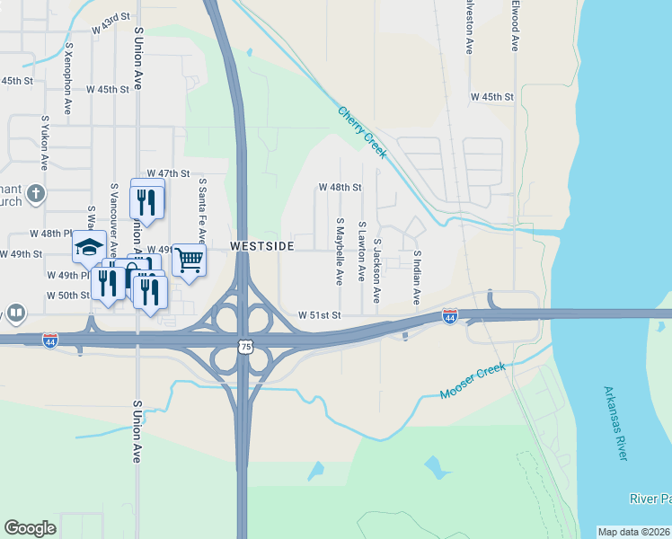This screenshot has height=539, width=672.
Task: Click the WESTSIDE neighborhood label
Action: point(262,244)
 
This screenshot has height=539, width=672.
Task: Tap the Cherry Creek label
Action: point(363,132)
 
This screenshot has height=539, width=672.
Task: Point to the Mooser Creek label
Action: point(473,382)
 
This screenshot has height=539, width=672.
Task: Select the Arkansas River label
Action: point(615,423)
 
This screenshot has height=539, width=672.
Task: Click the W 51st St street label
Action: point(321,315)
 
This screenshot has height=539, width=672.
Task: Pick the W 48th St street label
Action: point(340,188)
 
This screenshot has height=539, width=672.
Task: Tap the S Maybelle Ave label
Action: point(340,251)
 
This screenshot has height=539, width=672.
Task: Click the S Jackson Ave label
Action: point(377,269)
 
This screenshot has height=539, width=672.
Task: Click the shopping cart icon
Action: point(189,260)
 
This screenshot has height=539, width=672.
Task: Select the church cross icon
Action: point(35,193)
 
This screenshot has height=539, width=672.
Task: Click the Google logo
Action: point(30,528)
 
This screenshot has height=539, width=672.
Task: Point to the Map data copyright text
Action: point(633,532)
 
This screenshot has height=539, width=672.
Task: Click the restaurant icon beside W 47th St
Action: point(147,199)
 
